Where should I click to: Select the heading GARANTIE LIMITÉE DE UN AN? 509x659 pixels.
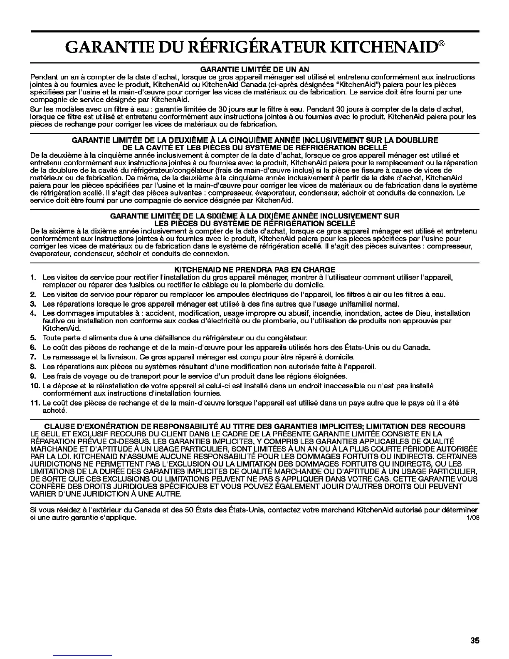point(254,69)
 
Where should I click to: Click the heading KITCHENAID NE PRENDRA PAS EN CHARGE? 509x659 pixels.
point(254,269)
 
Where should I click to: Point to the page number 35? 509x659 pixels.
point(475,641)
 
